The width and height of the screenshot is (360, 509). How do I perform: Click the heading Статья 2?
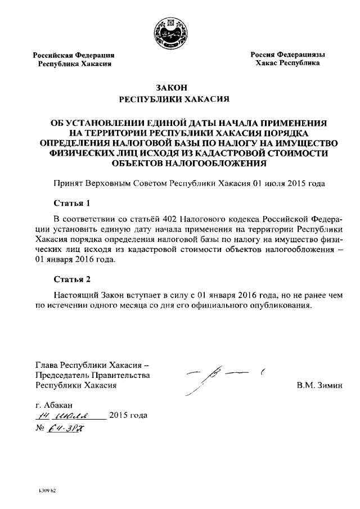tap(71, 278)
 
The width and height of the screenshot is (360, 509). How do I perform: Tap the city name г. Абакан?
tap(54, 404)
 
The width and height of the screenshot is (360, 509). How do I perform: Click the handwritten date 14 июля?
tap(68, 415)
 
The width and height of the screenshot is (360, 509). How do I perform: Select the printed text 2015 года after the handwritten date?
tap(128, 416)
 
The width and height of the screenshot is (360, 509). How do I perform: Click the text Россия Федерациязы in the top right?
tap(287, 55)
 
